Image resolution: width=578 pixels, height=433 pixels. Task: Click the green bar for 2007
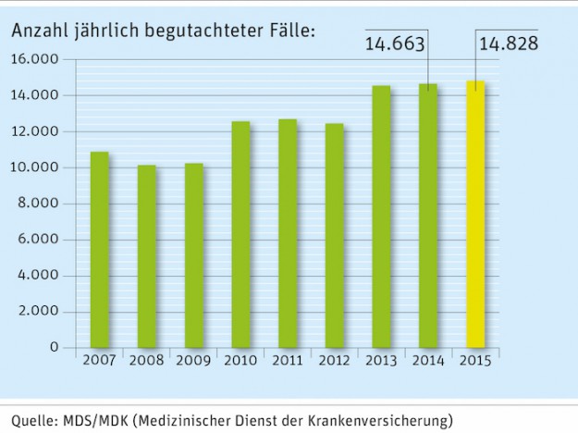tap(100, 250)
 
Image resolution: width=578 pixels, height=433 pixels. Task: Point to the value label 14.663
tap(397, 43)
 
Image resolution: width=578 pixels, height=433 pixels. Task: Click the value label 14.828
tap(508, 43)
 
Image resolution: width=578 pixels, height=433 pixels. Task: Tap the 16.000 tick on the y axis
tap(35, 59)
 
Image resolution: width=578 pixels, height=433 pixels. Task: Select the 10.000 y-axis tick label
tap(35, 167)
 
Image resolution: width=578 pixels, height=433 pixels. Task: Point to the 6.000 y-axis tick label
tap(39, 240)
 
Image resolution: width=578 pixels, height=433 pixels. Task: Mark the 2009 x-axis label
tap(193, 360)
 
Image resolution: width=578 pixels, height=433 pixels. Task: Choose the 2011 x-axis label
tap(287, 360)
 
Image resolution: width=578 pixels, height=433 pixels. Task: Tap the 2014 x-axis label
tap(427, 360)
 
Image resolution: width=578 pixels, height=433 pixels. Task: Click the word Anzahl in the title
tap(37, 31)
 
